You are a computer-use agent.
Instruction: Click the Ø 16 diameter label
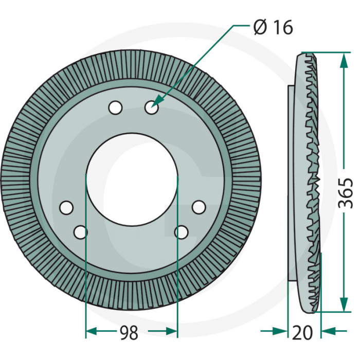tap(274, 27)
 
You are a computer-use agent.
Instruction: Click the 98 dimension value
tap(129, 332)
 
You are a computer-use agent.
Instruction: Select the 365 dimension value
tap(346, 193)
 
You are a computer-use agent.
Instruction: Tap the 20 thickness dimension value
tap(302, 332)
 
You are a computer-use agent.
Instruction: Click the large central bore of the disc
tap(132, 179)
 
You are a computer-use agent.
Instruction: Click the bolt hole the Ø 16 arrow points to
tap(152, 107)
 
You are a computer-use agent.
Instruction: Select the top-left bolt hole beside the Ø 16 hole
tap(116, 107)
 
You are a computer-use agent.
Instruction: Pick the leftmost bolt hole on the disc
tap(66, 208)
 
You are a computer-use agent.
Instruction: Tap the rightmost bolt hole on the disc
tap(199, 207)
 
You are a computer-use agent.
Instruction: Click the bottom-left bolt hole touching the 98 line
tap(81, 232)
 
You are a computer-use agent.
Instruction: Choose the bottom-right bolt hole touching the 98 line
tap(182, 232)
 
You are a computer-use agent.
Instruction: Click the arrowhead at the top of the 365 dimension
tap(344, 60)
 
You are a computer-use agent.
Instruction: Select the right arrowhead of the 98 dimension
tap(172, 331)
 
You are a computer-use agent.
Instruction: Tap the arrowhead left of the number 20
tap(281, 331)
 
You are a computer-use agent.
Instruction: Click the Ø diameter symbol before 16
tap(260, 28)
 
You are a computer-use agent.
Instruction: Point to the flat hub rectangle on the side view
tap(292, 183)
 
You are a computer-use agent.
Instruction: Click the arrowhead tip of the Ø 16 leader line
tap(153, 106)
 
